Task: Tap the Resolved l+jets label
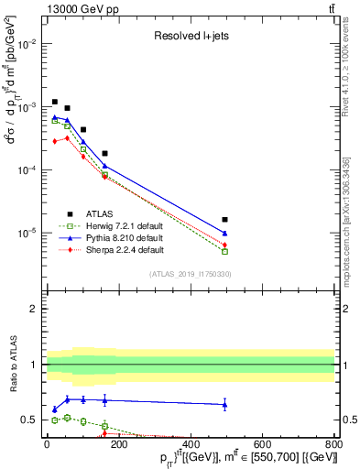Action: [x=190, y=35]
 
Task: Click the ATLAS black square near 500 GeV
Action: [x=224, y=220]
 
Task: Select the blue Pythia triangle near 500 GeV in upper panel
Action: [x=224, y=234]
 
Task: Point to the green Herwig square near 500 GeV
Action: [x=224, y=251]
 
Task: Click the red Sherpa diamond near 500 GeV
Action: [x=224, y=245]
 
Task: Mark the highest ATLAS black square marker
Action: [x=55, y=102]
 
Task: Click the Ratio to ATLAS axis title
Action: [x=14, y=365]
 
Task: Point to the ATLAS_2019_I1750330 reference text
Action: [x=190, y=275]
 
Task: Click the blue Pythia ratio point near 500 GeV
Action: [x=224, y=404]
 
